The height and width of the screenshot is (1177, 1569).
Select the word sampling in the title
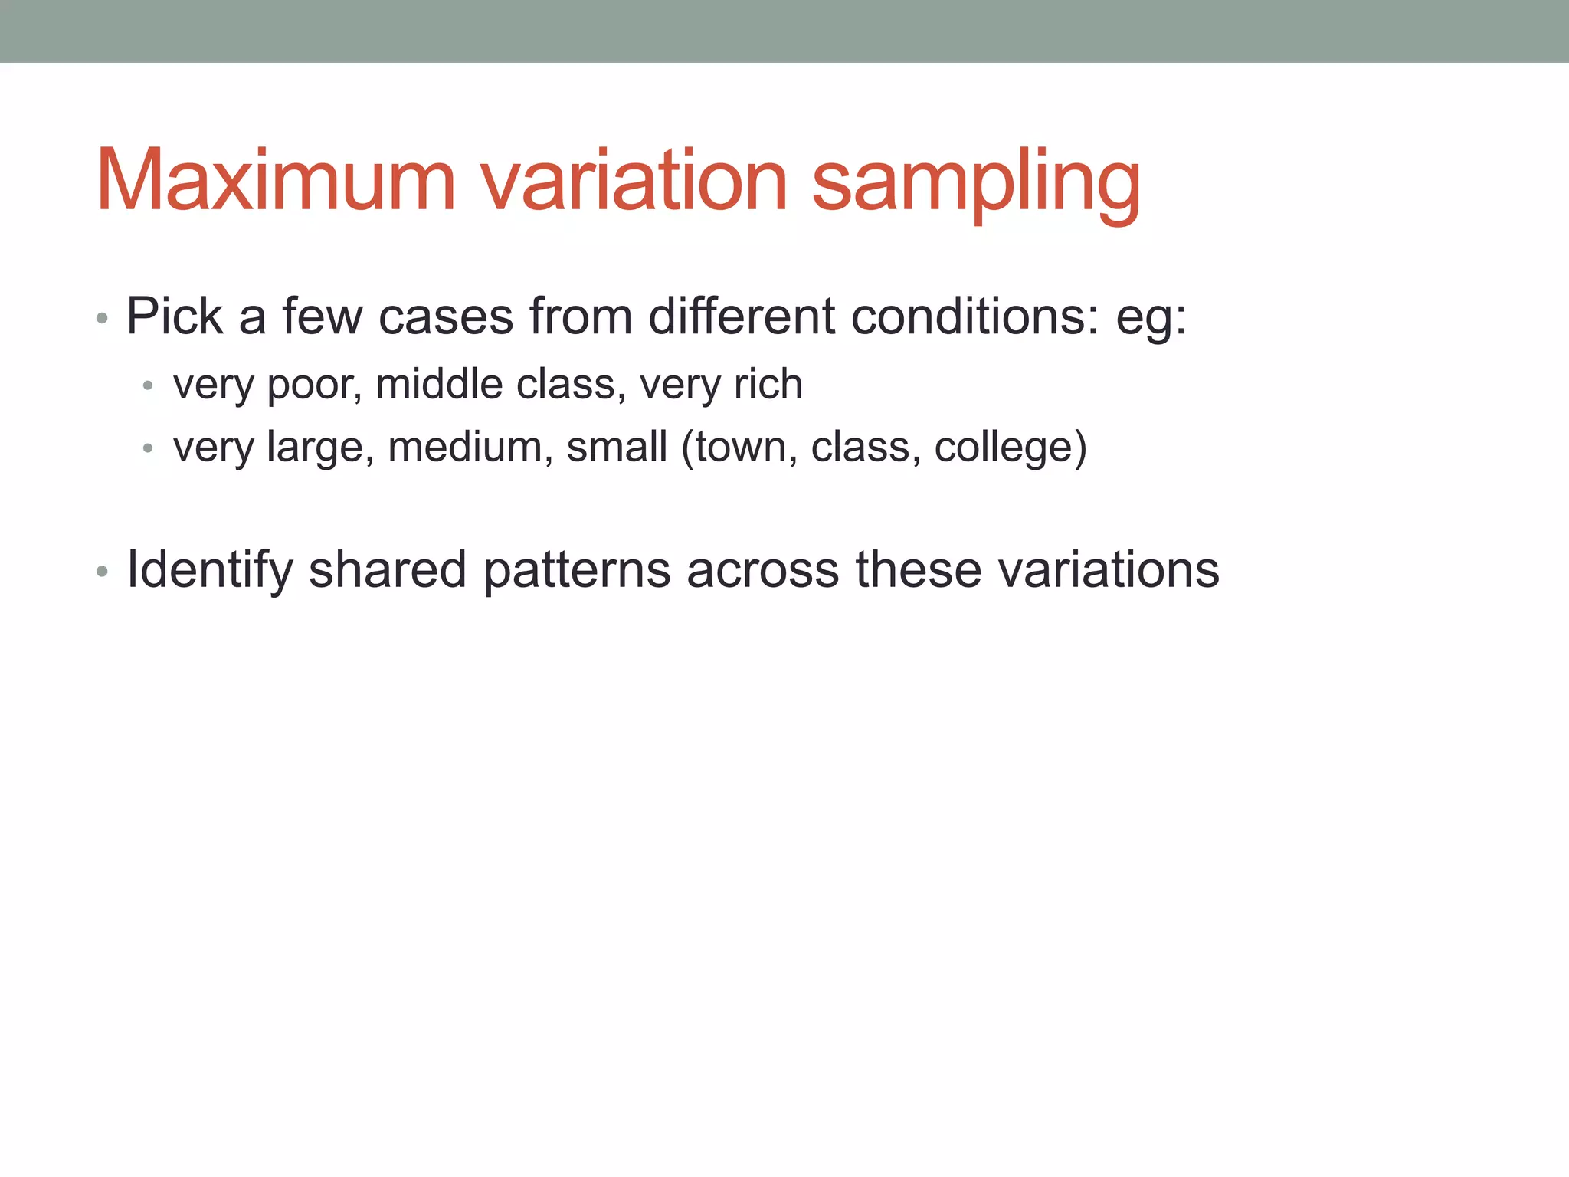[x=976, y=184]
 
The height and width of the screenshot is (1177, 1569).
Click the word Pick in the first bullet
[x=175, y=316]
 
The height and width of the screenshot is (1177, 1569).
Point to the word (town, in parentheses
[x=739, y=448]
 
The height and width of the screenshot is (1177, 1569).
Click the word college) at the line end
[x=1011, y=448]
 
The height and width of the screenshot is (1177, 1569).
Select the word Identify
[x=210, y=570]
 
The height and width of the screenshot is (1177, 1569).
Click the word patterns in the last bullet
[x=577, y=572]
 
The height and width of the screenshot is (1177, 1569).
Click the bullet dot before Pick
[x=103, y=318]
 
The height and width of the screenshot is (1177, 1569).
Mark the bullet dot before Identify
[x=103, y=572]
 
